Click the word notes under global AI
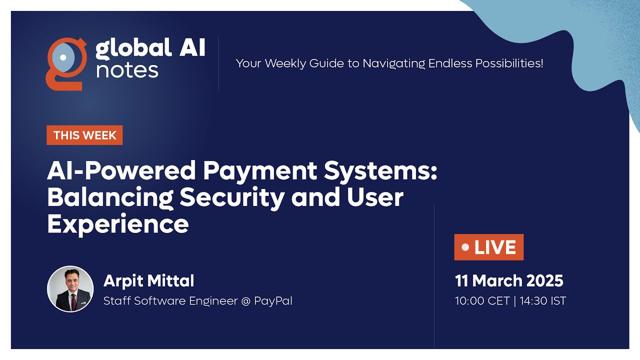click(127, 70)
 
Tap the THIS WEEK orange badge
click(85, 135)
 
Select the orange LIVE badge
click(489, 247)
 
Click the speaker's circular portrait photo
click(70, 289)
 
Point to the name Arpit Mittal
click(149, 281)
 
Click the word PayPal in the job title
click(273, 301)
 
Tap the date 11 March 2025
click(509, 281)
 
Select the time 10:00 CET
click(482, 301)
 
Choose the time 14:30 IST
click(543, 301)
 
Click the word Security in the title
click(232, 198)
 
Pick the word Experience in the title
click(118, 224)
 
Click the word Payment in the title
click(260, 171)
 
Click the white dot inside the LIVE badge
click(465, 247)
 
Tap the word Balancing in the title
click(110, 198)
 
